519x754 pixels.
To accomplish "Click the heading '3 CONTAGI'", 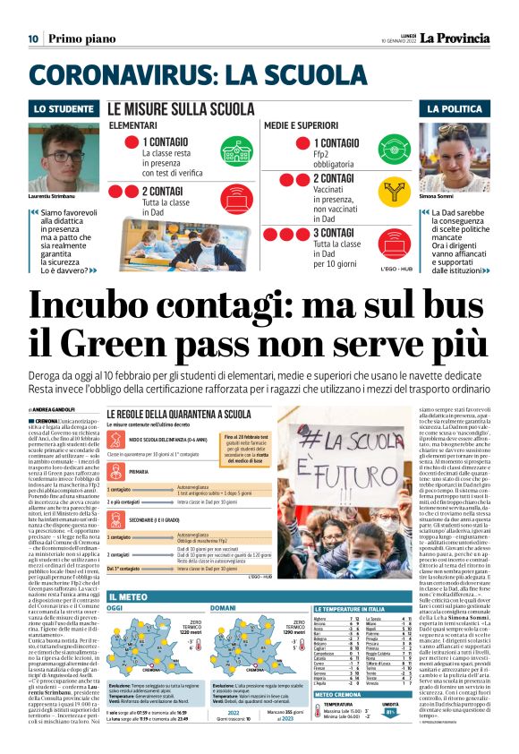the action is [337, 233].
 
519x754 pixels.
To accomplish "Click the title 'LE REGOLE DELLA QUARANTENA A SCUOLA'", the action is [178, 414].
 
